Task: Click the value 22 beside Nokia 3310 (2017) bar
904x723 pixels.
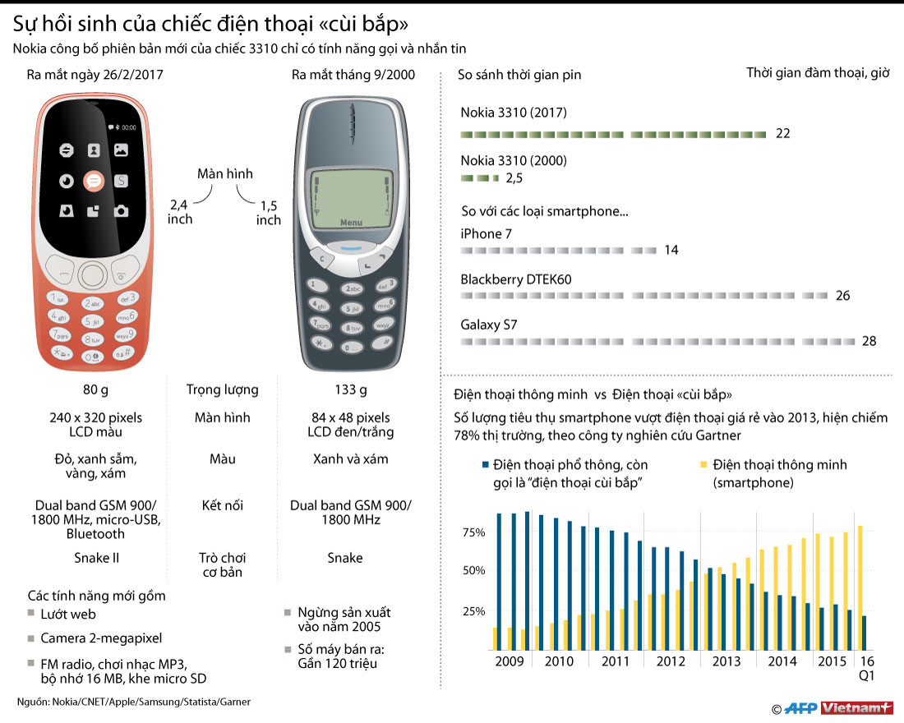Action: [782, 133]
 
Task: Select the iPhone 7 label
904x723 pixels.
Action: [486, 233]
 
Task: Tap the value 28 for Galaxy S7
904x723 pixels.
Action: [869, 341]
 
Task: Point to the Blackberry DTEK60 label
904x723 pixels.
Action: [515, 279]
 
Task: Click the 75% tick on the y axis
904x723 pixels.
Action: [474, 532]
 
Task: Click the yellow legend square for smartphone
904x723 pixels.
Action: [701, 465]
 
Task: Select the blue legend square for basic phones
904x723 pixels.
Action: [487, 465]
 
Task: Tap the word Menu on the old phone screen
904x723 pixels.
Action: [351, 223]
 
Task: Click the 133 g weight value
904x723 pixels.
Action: [351, 389]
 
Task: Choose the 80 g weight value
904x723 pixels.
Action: [97, 389]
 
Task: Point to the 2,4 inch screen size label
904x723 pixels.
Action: [180, 211]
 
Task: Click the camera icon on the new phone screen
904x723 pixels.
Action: [121, 211]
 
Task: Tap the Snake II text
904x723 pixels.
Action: [97, 558]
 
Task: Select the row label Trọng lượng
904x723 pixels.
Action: [222, 389]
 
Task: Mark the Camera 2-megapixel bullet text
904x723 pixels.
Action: [101, 638]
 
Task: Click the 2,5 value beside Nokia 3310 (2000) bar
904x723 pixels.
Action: [514, 177]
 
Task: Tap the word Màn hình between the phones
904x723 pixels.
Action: [225, 173]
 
